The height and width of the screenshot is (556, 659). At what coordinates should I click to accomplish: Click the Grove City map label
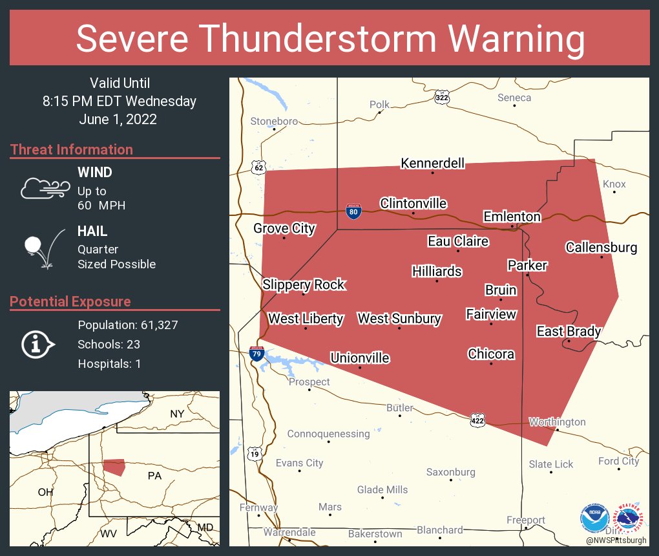click(284, 228)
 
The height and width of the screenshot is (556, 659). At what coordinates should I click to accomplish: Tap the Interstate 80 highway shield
click(353, 211)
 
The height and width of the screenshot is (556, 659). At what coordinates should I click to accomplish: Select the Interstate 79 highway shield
click(256, 353)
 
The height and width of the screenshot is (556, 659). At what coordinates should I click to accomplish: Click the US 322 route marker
click(442, 98)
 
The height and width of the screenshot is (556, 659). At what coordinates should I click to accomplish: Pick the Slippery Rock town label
click(304, 284)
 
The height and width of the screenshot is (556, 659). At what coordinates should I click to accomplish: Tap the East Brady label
click(569, 332)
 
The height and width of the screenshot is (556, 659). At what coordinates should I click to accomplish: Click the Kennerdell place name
click(433, 163)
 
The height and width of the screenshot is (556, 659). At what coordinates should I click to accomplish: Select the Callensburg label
click(601, 247)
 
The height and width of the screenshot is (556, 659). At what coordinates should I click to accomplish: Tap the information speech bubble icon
click(37, 344)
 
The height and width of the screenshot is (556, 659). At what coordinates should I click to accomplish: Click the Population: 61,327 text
click(128, 325)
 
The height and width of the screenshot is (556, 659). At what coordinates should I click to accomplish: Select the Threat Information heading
click(72, 150)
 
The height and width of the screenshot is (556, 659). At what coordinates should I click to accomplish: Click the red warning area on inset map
click(114, 467)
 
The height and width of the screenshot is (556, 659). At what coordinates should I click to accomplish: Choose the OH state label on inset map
click(45, 492)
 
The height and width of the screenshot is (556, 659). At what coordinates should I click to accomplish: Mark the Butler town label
click(399, 408)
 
